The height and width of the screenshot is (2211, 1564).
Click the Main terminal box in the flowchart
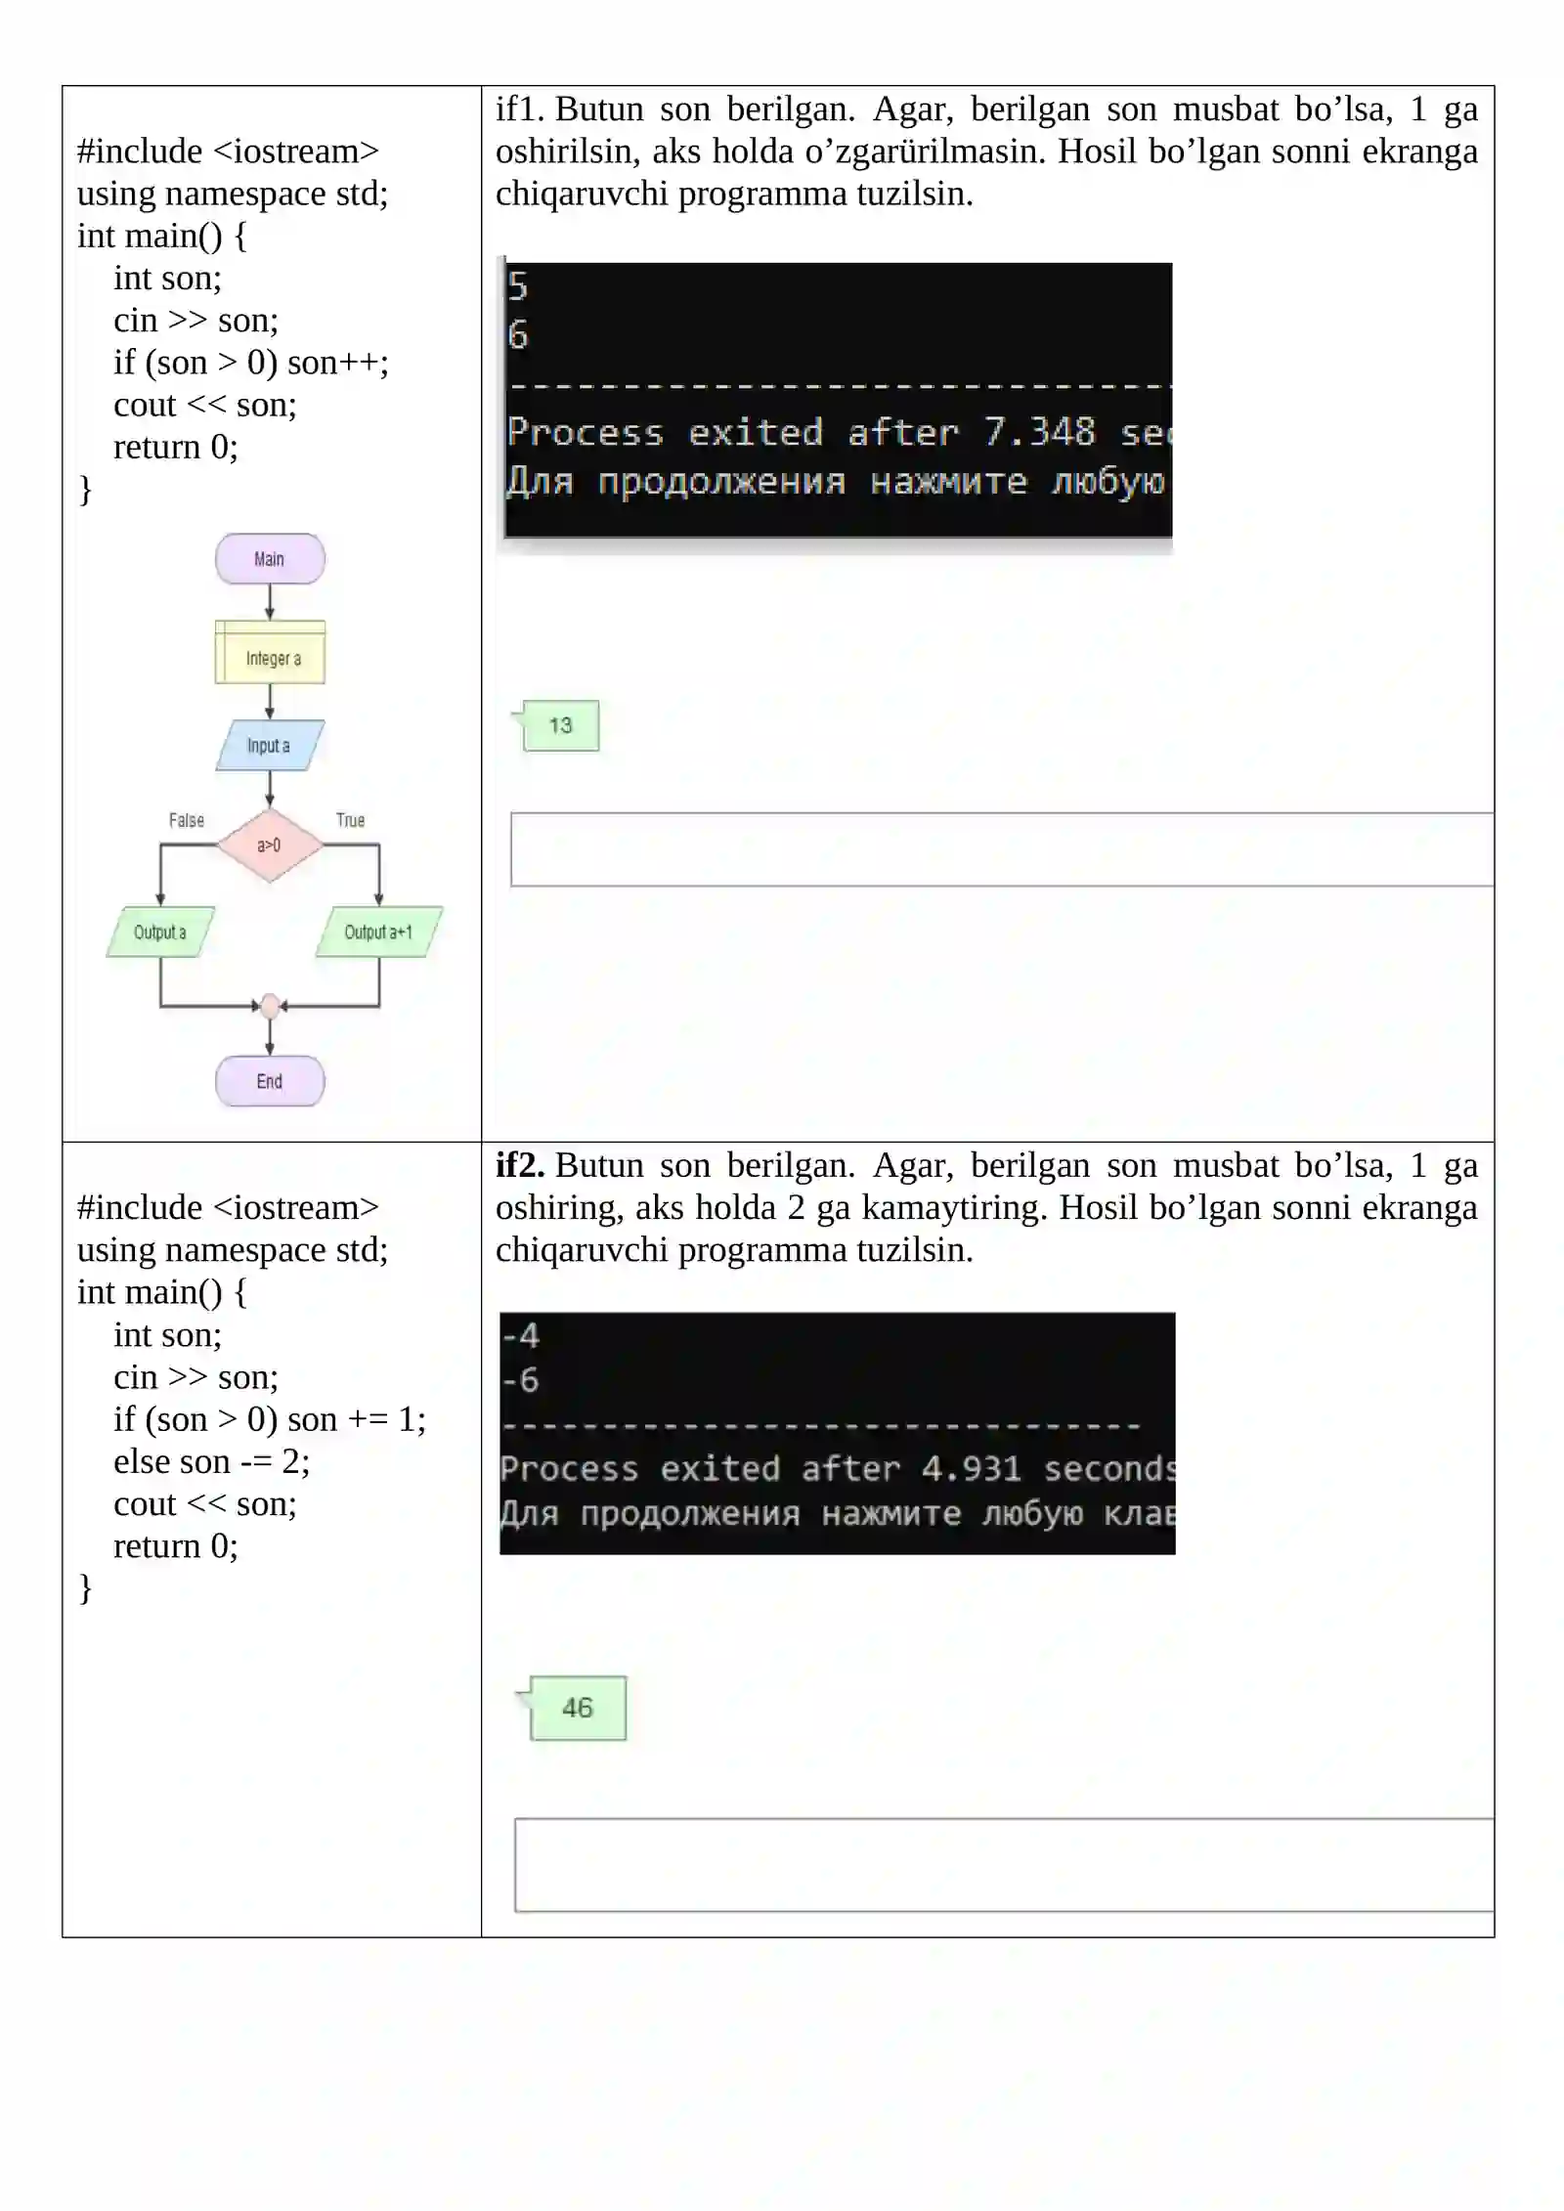[270, 559]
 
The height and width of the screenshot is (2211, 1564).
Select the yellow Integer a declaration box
[270, 652]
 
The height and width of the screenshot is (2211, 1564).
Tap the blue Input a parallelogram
[270, 746]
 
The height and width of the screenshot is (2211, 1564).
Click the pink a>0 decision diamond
[270, 845]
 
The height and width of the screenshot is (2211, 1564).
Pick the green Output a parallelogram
[160, 932]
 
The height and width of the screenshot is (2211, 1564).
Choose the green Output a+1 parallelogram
[379, 932]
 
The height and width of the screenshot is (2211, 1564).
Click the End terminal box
[270, 1081]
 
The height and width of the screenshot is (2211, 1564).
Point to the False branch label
[187, 820]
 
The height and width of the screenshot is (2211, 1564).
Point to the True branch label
[351, 820]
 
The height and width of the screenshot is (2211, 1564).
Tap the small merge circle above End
[271, 1005]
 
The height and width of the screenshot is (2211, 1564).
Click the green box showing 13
[561, 725]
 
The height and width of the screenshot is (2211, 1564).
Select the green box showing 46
[578, 1708]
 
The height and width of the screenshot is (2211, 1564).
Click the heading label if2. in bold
[520, 1165]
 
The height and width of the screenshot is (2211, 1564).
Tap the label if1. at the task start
[520, 108]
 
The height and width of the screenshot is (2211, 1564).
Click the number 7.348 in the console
[1039, 431]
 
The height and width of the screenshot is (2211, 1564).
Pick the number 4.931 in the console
[972, 1468]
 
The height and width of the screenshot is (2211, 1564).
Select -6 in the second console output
[520, 1379]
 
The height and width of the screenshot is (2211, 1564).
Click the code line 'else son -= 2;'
[212, 1461]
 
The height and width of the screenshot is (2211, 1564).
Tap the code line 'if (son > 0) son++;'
[251, 363]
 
